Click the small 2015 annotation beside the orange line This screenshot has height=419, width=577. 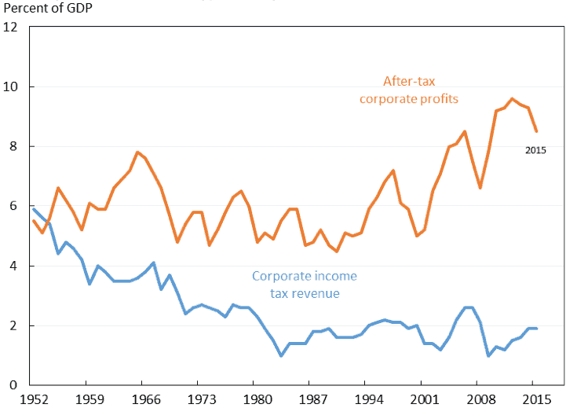pos(535,150)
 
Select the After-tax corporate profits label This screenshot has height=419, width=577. pos(409,90)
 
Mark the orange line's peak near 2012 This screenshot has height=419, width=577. pos(512,99)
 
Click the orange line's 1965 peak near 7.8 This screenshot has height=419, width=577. pos(137,153)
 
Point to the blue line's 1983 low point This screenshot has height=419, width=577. pos(281,355)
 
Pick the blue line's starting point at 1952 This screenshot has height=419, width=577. pos(33,208)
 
